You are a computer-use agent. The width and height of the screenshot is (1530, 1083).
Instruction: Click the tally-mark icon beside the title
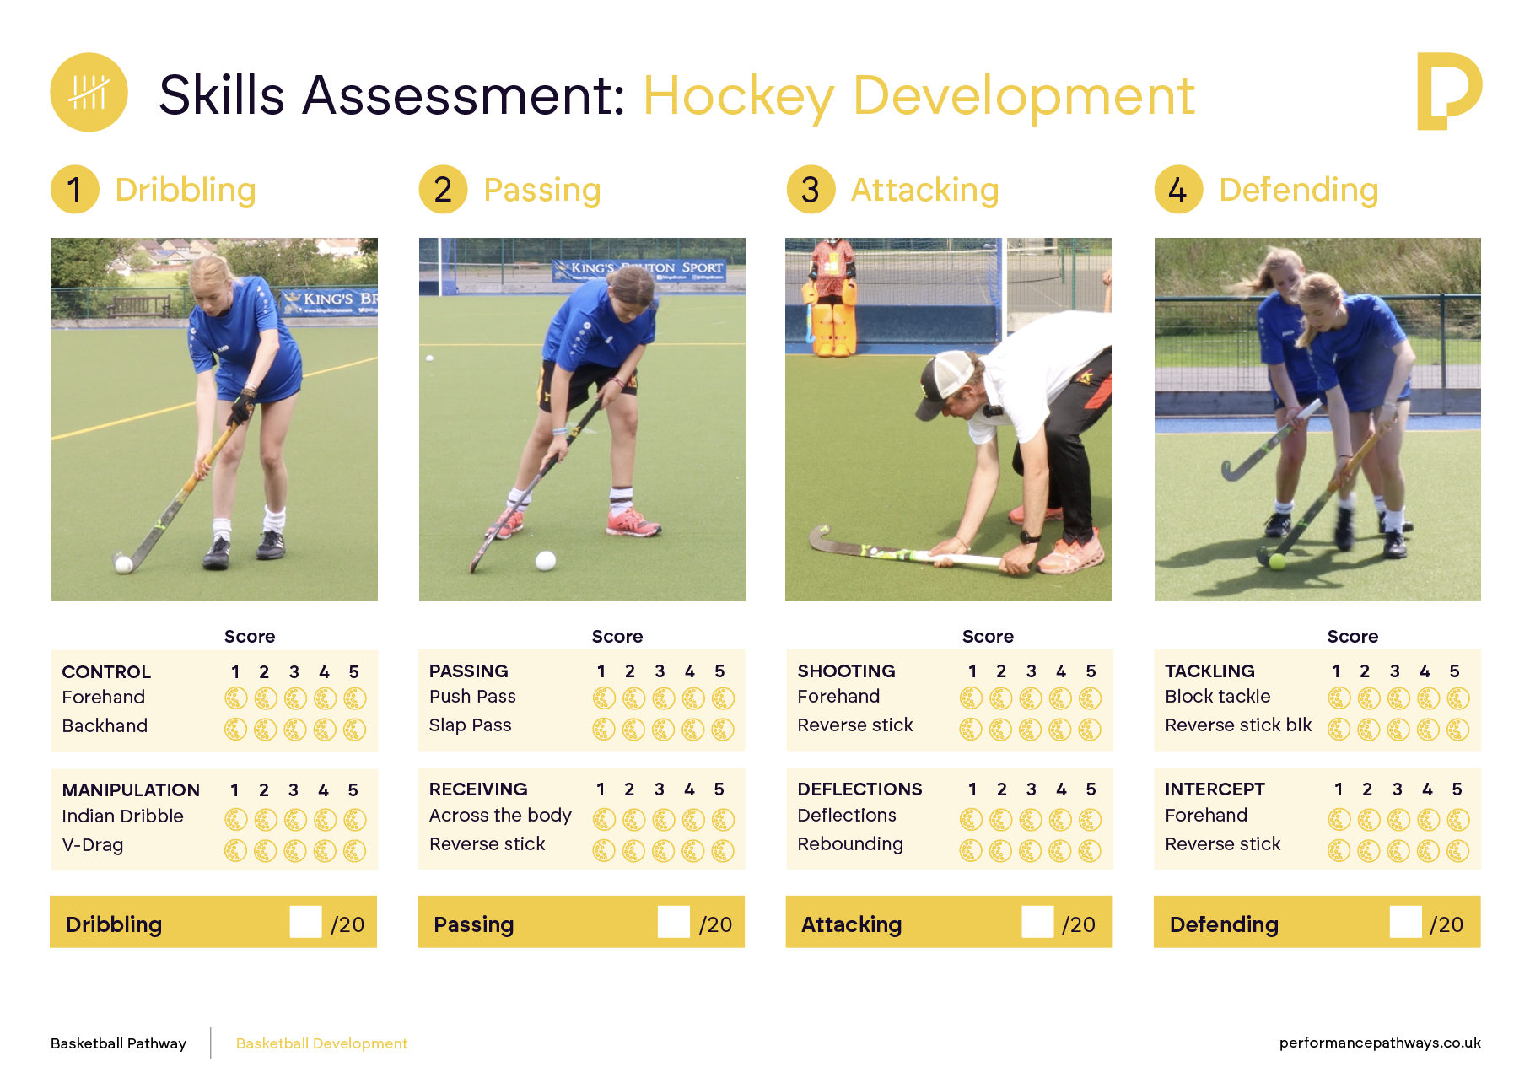(x=89, y=92)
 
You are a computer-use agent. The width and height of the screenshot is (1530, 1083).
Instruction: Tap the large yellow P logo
(x=1448, y=91)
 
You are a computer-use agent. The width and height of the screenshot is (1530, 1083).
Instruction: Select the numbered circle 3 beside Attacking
(x=811, y=190)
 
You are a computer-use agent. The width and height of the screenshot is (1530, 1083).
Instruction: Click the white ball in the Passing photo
(x=546, y=560)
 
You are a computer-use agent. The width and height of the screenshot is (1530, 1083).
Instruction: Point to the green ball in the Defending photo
(x=1277, y=562)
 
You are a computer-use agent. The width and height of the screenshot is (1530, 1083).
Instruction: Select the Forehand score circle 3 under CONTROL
(x=294, y=698)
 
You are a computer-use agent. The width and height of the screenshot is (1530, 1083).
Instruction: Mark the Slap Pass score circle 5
(x=723, y=730)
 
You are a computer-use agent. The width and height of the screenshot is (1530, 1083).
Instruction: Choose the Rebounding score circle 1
(x=971, y=851)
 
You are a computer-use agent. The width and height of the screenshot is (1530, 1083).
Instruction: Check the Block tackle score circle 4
(x=1428, y=698)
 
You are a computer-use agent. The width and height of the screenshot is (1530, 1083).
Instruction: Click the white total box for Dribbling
(x=305, y=922)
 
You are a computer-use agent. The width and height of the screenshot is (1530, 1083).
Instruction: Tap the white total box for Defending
(x=1405, y=922)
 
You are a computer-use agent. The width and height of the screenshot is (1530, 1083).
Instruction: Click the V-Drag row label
(x=93, y=845)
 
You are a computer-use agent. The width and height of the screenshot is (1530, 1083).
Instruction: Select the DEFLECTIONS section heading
(x=859, y=789)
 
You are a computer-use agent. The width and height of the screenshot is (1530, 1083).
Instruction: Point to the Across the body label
(x=500, y=816)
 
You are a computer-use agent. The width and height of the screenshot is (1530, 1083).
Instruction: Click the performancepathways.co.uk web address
(x=1380, y=1043)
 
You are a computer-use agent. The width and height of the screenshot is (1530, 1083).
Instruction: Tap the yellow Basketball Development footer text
(x=321, y=1043)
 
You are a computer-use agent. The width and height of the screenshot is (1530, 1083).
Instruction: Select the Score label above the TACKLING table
(x=1353, y=637)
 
